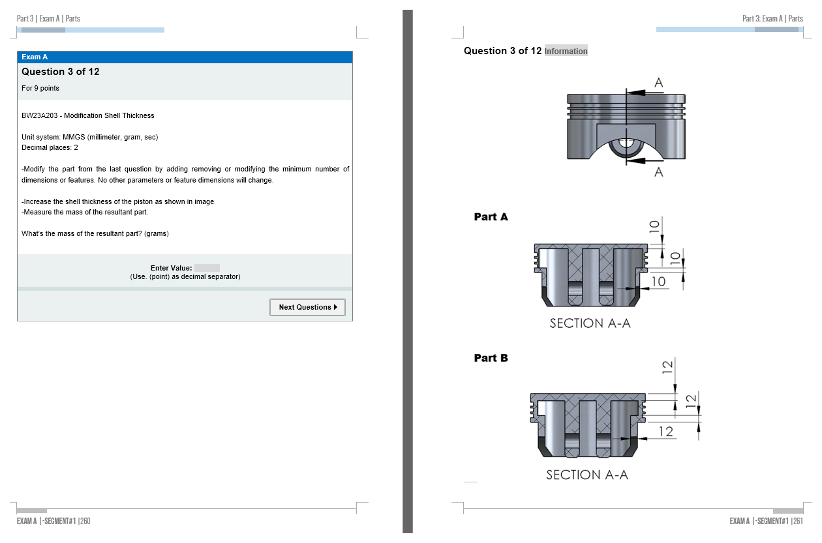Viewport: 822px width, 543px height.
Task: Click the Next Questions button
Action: pos(307,307)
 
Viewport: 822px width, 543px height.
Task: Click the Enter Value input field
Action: pos(207,268)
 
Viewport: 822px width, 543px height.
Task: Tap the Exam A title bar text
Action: pos(35,57)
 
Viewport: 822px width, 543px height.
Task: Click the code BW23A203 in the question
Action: pos(40,115)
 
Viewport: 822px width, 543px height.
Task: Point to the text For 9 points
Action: pos(40,88)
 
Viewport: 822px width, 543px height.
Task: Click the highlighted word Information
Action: pos(566,51)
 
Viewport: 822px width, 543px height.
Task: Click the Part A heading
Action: pos(491,216)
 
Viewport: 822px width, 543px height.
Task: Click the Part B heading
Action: pos(491,358)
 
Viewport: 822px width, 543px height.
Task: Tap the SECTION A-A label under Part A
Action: pos(590,323)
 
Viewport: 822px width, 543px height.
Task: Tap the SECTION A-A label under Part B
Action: pos(587,475)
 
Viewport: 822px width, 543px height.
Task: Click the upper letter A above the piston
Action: pos(659,83)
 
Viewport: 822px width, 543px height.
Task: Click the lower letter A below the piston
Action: pos(659,171)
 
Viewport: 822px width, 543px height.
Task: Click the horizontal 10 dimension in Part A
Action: pos(658,282)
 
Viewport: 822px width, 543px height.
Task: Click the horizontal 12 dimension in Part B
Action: pos(666,432)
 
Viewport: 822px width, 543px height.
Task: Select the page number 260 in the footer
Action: pos(85,521)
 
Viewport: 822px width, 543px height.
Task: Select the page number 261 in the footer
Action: pos(798,521)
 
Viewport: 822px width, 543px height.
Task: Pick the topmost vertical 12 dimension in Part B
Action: pos(667,367)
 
